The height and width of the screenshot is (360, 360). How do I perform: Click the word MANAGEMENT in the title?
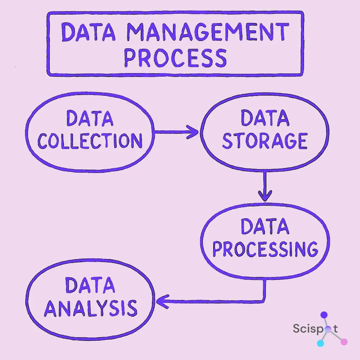coord(208,32)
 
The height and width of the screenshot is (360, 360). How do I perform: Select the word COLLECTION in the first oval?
coord(90,141)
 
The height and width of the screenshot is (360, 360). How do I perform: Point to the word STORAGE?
coord(265,141)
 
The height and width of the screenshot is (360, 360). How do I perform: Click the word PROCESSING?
coord(265,249)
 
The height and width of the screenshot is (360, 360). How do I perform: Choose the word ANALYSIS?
coord(90,308)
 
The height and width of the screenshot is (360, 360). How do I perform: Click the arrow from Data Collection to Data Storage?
coord(176,132)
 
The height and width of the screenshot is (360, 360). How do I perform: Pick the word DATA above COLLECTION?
coord(90,118)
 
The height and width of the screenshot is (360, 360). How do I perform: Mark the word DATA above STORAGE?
coord(265,118)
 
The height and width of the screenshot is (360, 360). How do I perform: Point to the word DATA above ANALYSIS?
coord(90,285)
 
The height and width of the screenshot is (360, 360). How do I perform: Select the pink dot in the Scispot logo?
coord(344,342)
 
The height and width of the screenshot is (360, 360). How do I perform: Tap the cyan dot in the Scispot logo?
coord(320,343)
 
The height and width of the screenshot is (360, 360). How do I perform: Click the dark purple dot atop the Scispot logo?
coord(324,315)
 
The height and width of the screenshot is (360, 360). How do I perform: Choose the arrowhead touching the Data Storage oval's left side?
coord(194,132)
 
